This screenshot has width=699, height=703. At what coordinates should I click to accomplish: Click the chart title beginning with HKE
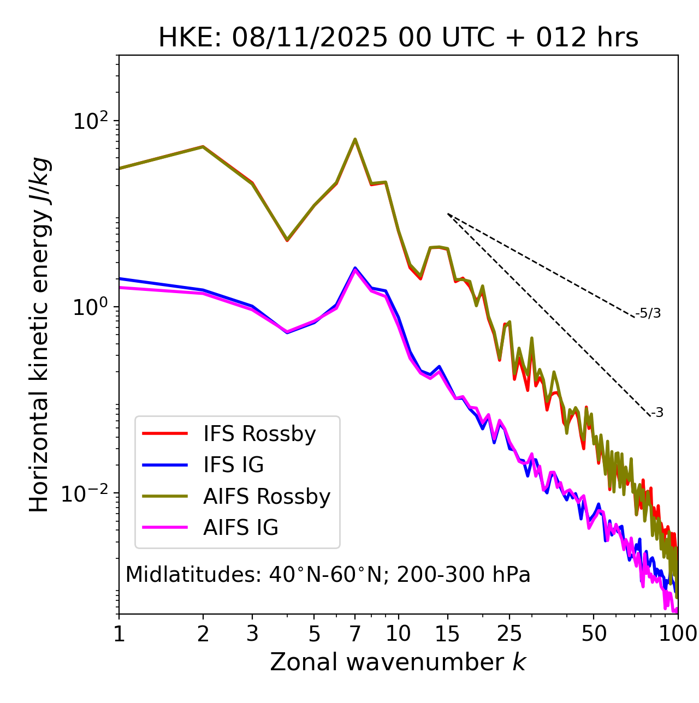(398, 38)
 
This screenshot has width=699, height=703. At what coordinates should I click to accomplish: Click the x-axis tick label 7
(355, 634)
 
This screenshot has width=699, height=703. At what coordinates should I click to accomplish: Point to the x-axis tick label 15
(447, 634)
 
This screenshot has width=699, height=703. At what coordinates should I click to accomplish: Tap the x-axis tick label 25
(510, 634)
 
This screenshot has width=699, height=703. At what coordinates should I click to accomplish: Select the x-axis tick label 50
(594, 634)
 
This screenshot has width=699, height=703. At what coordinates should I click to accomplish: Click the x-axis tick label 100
(678, 634)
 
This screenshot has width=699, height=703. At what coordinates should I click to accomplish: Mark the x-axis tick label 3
(252, 634)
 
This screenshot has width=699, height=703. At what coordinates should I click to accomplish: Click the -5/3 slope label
(648, 313)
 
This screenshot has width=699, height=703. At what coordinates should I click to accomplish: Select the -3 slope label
(657, 413)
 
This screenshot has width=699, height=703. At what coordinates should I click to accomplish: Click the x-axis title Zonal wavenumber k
(398, 662)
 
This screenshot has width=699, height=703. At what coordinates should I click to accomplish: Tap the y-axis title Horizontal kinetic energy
(39, 335)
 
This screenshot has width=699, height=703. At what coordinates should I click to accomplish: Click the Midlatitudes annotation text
(328, 575)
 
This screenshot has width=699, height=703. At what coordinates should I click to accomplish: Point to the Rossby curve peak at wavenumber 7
(355, 139)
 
